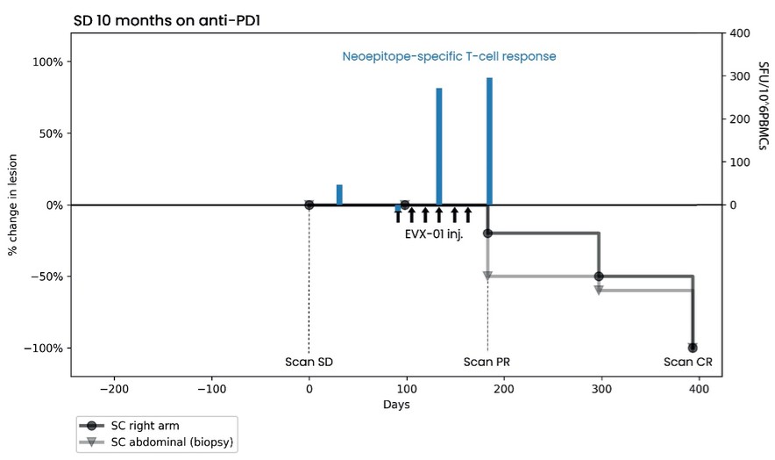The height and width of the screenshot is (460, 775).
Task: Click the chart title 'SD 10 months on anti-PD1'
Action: [x=167, y=21]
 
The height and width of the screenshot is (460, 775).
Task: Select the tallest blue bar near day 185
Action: [x=489, y=141]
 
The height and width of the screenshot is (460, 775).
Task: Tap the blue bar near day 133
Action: [x=439, y=147]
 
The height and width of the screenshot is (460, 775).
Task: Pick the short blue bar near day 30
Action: [x=339, y=195]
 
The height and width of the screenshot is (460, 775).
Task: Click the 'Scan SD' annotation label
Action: [x=309, y=362]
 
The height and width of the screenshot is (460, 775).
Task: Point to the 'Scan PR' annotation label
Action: [x=487, y=362]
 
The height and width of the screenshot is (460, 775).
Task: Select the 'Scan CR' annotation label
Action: [x=688, y=362]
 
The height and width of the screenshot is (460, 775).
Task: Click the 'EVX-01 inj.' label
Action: [x=434, y=234]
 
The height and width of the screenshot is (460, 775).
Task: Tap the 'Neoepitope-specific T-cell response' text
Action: [x=449, y=56]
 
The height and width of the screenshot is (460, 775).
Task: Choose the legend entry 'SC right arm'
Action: [x=145, y=426]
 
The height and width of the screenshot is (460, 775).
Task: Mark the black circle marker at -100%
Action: [x=693, y=348]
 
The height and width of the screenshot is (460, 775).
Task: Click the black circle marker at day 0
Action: [x=309, y=205]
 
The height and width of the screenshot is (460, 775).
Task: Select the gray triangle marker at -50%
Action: [x=487, y=277]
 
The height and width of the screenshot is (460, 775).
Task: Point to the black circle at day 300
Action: [x=599, y=277]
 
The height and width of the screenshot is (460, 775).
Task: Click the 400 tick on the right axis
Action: [x=739, y=33]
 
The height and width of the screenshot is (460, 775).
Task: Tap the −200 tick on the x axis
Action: [x=114, y=389]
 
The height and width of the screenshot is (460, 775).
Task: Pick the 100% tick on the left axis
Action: [x=47, y=62]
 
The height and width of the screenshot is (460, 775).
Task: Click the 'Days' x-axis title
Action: [x=396, y=405]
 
